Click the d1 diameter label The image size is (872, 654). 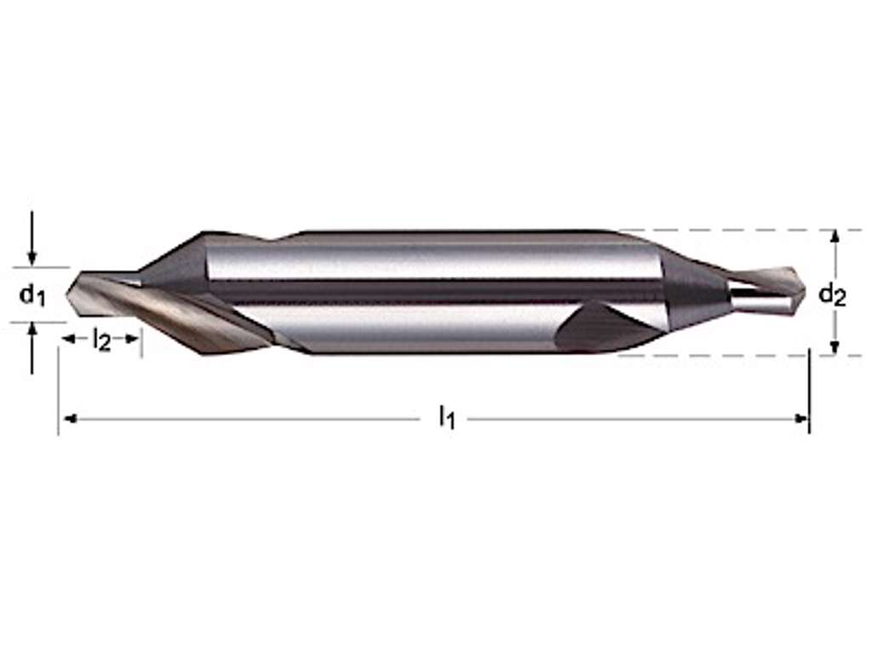point(32,295)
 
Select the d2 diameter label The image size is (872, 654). point(832,295)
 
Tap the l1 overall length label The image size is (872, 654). point(446,417)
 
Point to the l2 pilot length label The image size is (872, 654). point(101,341)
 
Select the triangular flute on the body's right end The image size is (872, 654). point(596,328)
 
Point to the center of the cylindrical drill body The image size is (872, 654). point(434,291)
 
